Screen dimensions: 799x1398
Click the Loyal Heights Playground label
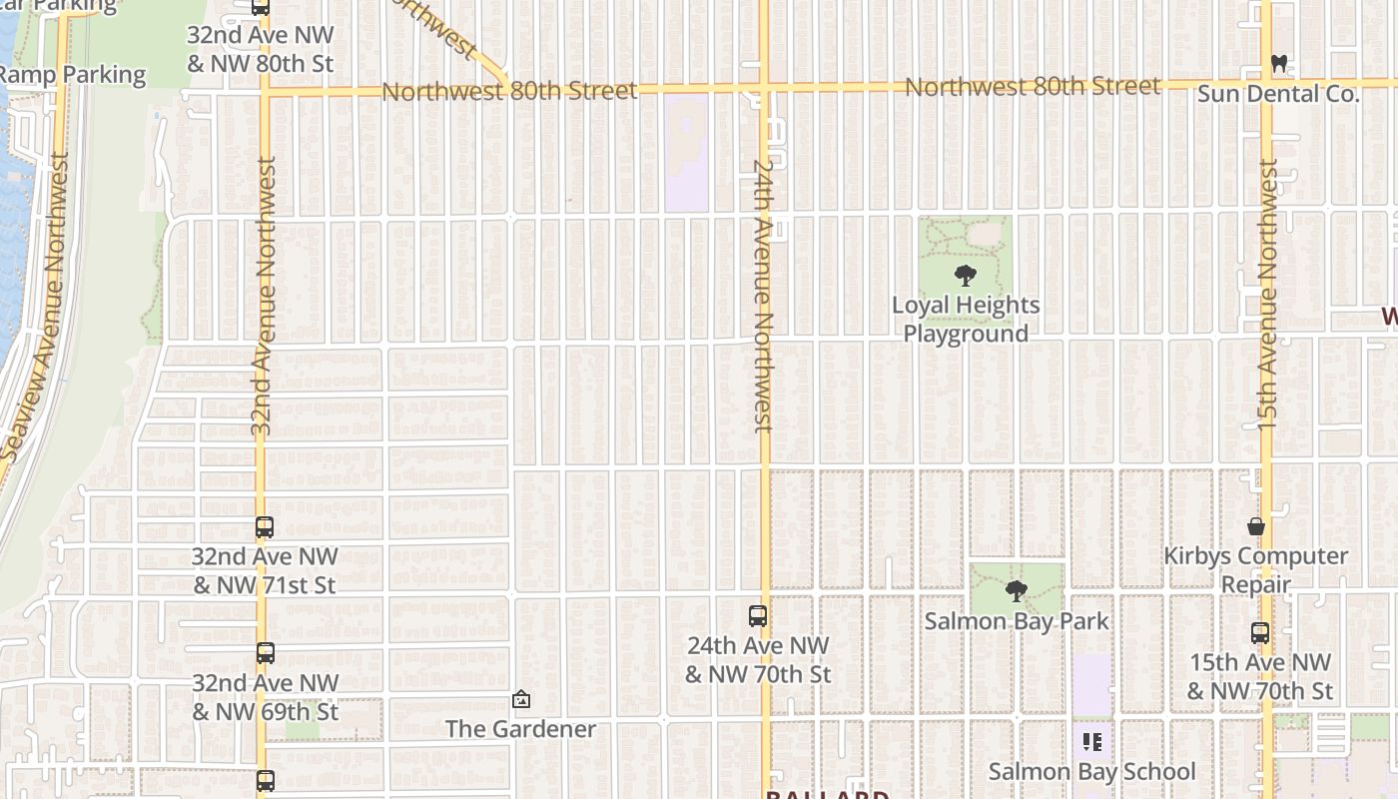tap(966, 320)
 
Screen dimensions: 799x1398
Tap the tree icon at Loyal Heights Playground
tap(965, 276)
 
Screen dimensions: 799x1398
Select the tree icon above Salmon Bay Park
tap(1016, 591)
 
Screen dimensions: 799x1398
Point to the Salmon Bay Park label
tap(1016, 621)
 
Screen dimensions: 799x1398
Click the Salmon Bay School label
tap(1091, 771)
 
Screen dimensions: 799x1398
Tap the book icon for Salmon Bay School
tap(1091, 742)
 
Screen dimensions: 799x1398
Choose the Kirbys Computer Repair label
tap(1255, 569)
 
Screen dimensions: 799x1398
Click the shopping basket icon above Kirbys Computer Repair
tap(1255, 526)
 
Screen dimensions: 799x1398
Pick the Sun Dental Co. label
tap(1278, 95)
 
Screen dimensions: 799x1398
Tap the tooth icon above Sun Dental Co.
tap(1278, 64)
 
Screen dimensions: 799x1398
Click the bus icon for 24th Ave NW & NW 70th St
tap(758, 616)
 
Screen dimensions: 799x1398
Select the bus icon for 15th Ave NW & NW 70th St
tap(1259, 632)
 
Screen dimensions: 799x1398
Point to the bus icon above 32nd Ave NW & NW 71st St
tap(265, 527)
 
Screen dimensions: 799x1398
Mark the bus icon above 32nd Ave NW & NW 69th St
tap(265, 653)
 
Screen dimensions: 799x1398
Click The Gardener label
tap(520, 729)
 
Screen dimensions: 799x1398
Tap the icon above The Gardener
tap(520, 699)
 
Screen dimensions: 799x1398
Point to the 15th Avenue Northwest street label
tap(1267, 295)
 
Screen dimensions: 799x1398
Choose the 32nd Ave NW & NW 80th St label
tap(261, 49)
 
